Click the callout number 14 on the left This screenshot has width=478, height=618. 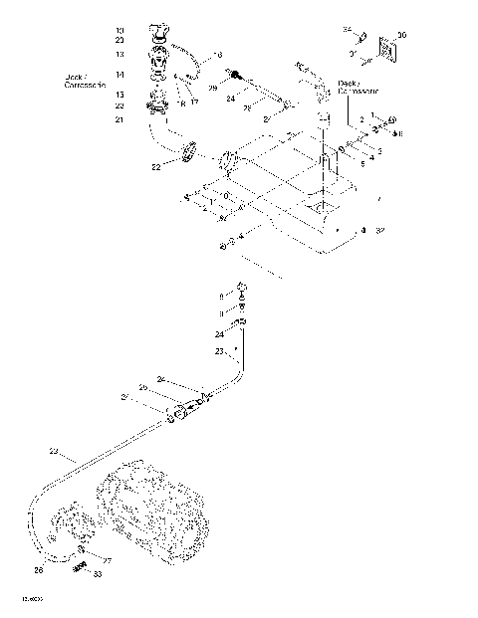pos(119,75)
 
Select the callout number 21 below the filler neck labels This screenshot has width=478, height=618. pos(119,119)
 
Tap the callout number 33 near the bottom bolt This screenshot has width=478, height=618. pos(97,573)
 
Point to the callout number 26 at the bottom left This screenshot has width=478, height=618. pos(39,570)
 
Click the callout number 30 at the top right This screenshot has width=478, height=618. pos(401,35)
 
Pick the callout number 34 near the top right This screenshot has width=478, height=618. pos(348,29)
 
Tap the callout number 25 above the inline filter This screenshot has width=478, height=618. pos(142,386)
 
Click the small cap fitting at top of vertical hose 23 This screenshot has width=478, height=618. pos(240,290)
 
